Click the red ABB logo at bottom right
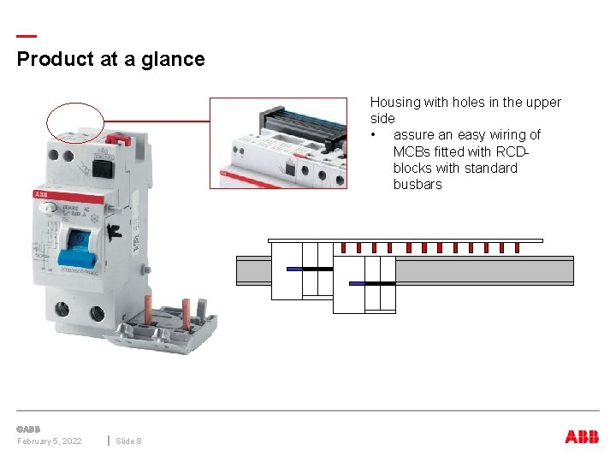tap(582, 437)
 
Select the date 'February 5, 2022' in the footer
tap(50, 441)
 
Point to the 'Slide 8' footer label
tap(128, 441)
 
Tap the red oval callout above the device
tap(75, 121)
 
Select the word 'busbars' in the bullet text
tap(418, 185)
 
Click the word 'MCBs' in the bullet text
tap(412, 151)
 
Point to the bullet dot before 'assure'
tap(374, 135)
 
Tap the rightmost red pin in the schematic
tap(518, 248)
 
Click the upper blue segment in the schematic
tap(294, 269)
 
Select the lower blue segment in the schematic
tap(357, 283)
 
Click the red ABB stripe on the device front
tap(68, 197)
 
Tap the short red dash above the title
tap(27, 36)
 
